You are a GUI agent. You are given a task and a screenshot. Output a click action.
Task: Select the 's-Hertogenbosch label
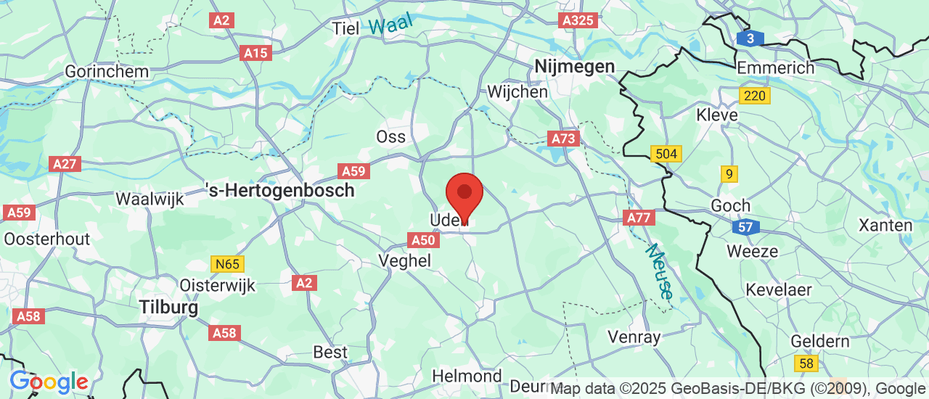[x=281, y=191]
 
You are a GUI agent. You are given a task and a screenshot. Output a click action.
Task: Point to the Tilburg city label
[x=168, y=308]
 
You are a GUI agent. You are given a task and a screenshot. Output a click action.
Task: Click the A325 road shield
[x=579, y=20]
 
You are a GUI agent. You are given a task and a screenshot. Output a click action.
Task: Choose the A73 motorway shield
[x=564, y=138]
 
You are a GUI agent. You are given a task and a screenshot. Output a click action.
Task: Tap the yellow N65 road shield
[x=227, y=264]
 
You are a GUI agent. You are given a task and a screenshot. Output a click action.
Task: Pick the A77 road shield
[x=639, y=218]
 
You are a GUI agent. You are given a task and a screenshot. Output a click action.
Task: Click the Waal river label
[x=390, y=23]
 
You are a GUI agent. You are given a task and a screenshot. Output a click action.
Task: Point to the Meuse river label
[x=660, y=271]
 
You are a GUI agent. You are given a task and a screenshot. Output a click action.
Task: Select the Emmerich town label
[x=775, y=67]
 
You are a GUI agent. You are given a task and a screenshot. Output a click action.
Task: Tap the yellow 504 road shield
[x=666, y=154]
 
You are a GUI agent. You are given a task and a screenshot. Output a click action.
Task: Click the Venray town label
[x=634, y=337]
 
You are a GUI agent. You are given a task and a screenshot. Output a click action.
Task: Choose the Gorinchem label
[x=107, y=72]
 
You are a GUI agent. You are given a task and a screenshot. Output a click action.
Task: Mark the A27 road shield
[x=65, y=164]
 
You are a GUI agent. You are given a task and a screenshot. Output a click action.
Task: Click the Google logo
[x=49, y=382]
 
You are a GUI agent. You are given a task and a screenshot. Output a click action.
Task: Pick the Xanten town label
[x=885, y=225]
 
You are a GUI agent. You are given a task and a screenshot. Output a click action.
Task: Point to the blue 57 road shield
[x=745, y=228]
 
